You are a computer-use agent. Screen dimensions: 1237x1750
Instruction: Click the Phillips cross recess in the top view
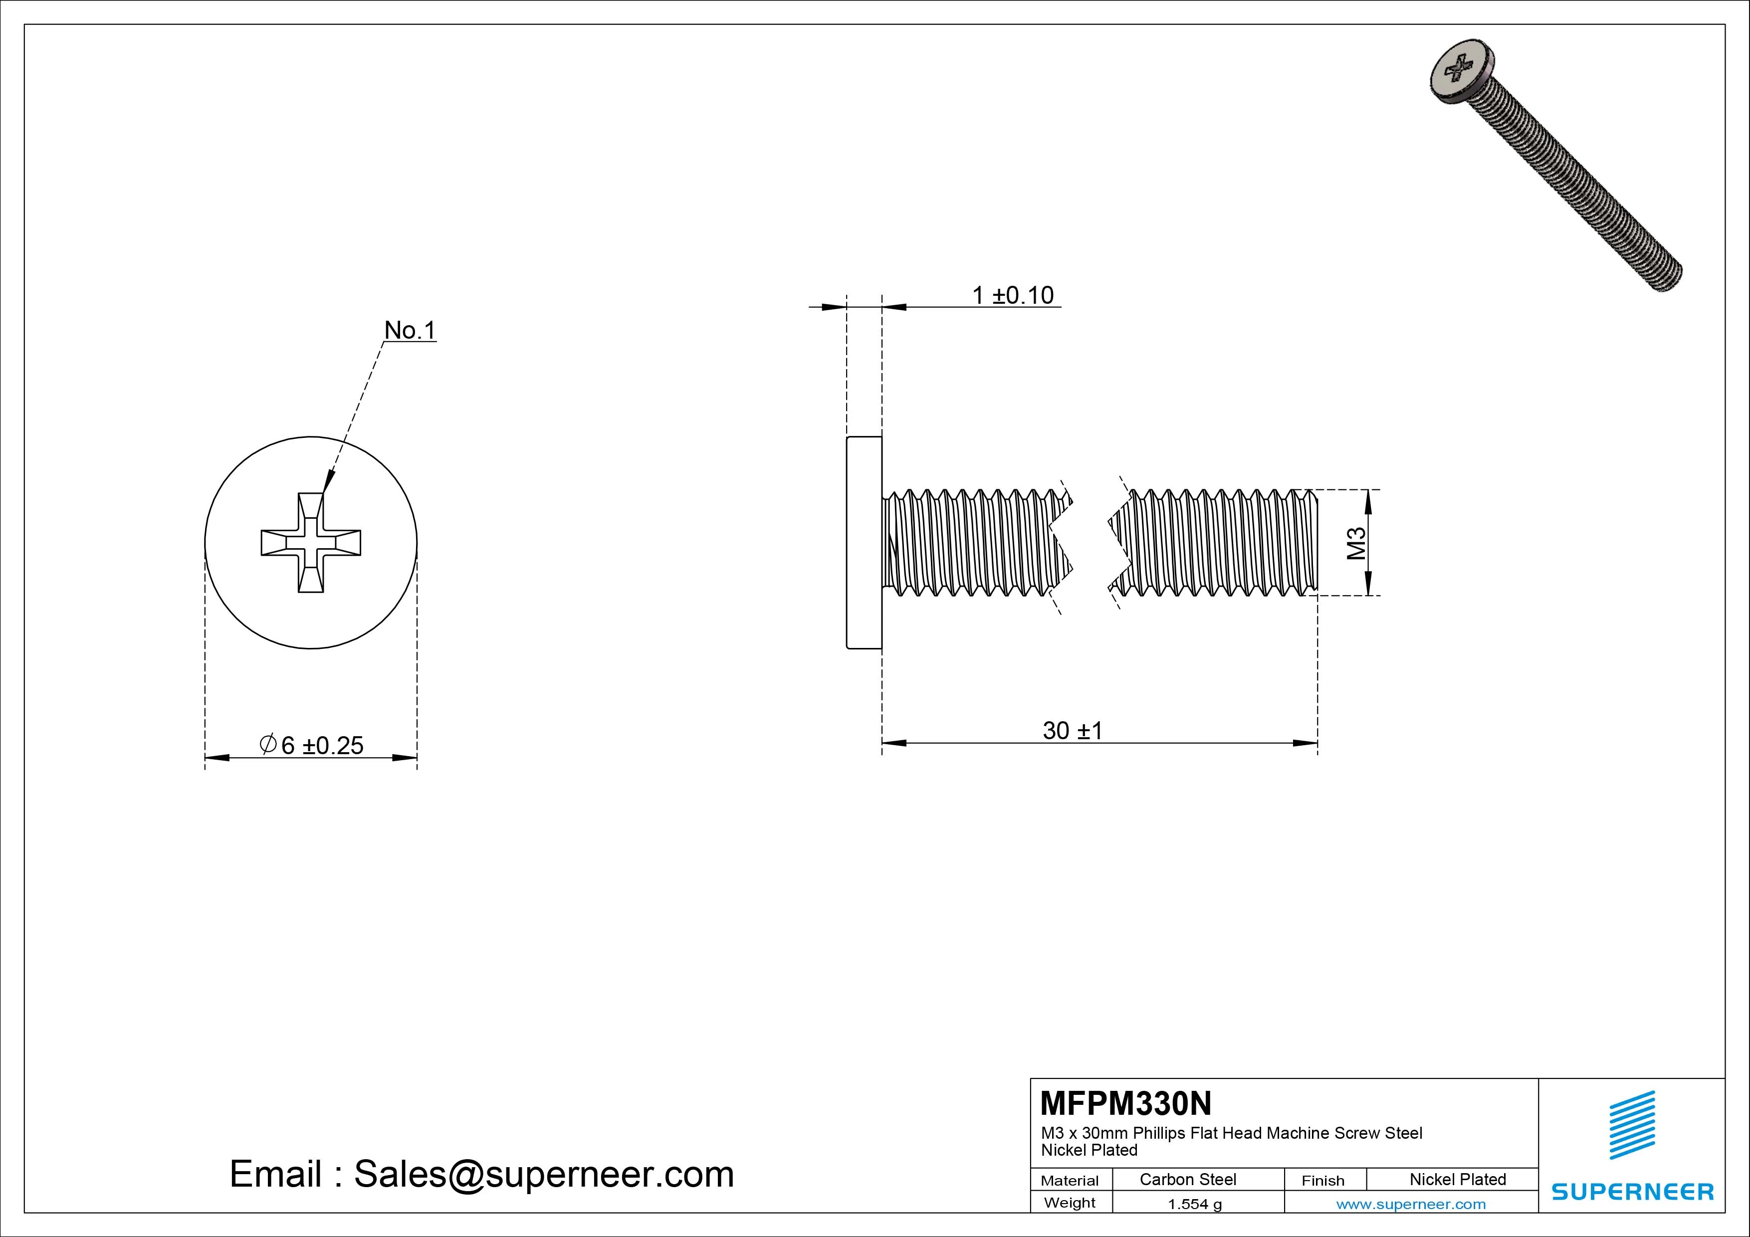(310, 543)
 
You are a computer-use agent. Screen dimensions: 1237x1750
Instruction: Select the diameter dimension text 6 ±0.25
(322, 745)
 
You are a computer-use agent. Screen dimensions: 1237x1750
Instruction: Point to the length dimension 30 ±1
(1072, 730)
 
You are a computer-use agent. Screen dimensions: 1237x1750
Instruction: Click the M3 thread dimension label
(1356, 543)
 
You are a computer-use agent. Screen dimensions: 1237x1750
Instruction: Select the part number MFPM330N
(1125, 1103)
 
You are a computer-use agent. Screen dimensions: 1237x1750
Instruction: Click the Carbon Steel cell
(1187, 1179)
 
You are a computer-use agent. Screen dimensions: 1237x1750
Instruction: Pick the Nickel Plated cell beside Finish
(1457, 1179)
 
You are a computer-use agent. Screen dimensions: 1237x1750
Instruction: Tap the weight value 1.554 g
(1194, 1204)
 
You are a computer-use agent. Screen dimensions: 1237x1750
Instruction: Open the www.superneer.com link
(1410, 1204)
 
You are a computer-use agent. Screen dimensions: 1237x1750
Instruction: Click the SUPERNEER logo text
(1632, 1191)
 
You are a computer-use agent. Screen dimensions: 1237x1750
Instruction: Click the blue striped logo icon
(1632, 1125)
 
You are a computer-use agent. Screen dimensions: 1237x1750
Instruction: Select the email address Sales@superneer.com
(543, 1174)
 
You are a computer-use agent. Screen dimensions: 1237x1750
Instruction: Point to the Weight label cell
(1070, 1203)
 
